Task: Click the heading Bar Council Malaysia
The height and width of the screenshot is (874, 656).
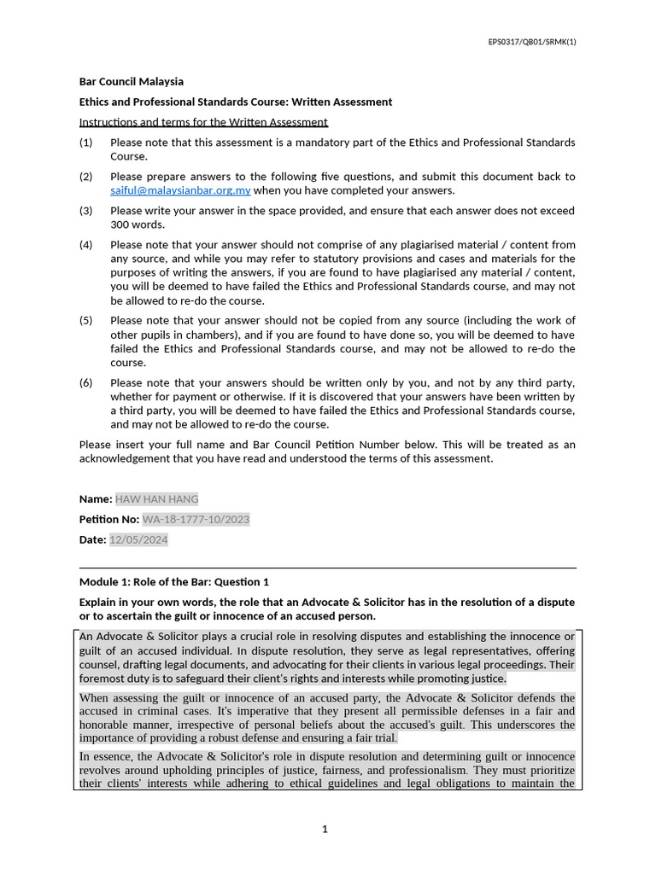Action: coord(131,82)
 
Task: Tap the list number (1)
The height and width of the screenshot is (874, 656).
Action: coord(85,143)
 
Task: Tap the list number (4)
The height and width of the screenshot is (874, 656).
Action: coord(85,245)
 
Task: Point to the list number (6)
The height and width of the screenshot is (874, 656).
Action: coord(85,383)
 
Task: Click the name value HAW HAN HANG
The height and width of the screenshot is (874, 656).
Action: coord(156,499)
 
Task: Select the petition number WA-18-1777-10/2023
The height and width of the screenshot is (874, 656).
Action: coord(196,519)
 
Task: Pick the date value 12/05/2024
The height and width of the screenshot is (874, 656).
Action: coord(138,539)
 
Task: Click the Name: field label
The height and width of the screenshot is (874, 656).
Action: coord(96,499)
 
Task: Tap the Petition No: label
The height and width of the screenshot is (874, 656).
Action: coord(109,519)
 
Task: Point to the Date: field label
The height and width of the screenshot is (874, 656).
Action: coord(92,539)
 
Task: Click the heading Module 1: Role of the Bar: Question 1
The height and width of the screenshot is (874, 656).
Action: coord(173,582)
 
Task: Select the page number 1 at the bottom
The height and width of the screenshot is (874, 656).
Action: coord(325,829)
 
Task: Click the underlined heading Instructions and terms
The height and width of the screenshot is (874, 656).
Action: coord(203,122)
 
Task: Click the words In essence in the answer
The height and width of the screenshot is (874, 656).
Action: coord(108,756)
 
